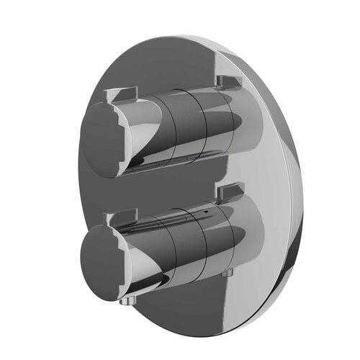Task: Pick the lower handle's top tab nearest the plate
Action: coord(228,192)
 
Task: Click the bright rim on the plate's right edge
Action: coord(294,180)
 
